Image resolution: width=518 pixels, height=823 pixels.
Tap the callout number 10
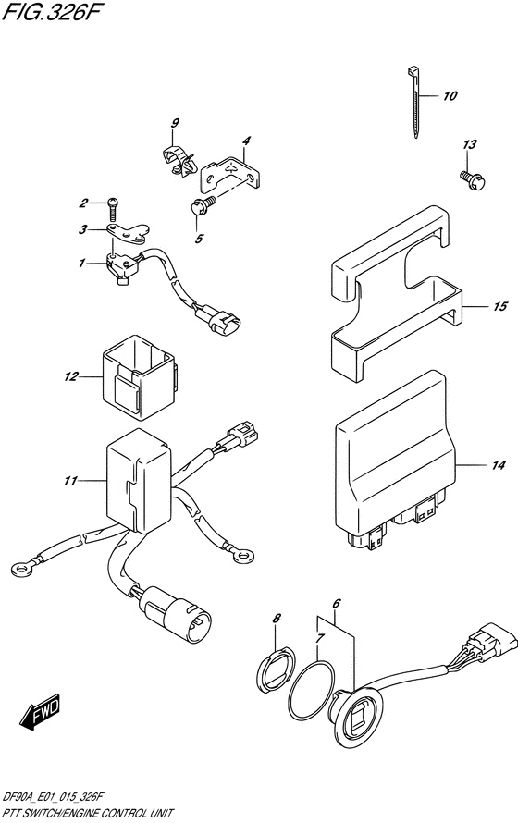(450, 95)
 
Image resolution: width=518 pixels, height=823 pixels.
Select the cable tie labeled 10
(414, 103)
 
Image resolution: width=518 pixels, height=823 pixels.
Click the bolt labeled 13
(473, 179)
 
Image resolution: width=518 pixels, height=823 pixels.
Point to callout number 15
(500, 306)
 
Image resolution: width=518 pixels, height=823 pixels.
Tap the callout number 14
(499, 464)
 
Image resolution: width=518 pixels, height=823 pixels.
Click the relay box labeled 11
(139, 480)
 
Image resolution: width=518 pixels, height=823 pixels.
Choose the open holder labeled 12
(139, 377)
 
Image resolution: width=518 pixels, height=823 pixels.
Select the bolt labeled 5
(202, 204)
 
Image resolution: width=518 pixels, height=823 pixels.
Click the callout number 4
(246, 141)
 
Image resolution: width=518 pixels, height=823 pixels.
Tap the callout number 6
(337, 604)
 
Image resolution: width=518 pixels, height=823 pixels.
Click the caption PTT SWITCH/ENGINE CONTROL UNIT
(87, 813)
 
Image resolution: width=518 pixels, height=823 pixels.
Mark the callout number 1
(82, 263)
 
